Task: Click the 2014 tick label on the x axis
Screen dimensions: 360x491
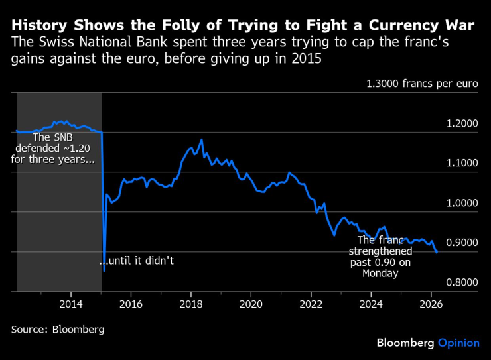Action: tap(71, 305)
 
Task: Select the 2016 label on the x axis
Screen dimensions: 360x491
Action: tap(131, 305)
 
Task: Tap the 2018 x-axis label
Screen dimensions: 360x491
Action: tap(191, 305)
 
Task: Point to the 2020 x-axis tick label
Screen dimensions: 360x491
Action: tap(251, 305)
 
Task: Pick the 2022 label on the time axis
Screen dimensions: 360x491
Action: tap(311, 305)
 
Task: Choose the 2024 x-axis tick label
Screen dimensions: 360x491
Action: tap(371, 305)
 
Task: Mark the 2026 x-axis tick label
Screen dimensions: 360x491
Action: tap(431, 305)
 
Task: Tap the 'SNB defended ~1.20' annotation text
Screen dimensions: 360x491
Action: tap(56, 149)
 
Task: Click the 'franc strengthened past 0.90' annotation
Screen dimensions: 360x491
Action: tap(385, 257)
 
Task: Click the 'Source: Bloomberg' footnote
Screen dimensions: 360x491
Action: tap(58, 329)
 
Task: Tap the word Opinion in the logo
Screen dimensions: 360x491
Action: tap(458, 343)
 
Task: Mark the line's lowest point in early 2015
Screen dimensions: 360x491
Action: tap(104, 270)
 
